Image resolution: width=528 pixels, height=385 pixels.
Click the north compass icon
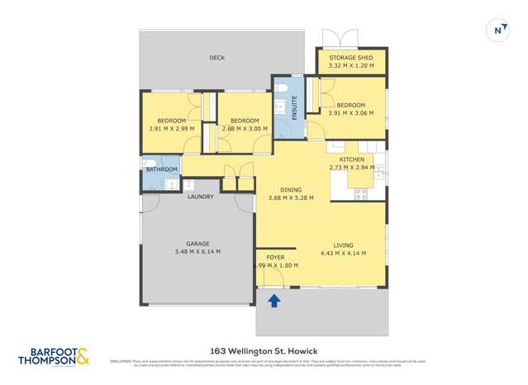pyautogui.click(x=498, y=30)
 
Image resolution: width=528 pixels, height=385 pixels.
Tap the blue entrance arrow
pyautogui.click(x=274, y=302)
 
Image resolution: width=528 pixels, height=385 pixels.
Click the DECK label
pyautogui.click(x=216, y=58)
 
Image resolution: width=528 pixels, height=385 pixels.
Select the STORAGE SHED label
pyautogui.click(x=351, y=58)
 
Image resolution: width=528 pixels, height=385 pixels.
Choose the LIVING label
pyautogui.click(x=343, y=245)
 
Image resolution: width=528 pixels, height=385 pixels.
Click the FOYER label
pyautogui.click(x=275, y=257)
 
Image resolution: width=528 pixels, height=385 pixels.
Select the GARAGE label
pyautogui.click(x=197, y=244)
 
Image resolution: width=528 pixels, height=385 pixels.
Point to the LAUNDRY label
pyautogui.click(x=200, y=197)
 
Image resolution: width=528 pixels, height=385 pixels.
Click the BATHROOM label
pyautogui.click(x=161, y=169)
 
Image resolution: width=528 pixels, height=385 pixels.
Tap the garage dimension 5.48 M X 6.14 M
pyautogui.click(x=197, y=252)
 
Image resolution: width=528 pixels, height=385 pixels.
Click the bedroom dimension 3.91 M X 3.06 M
pyautogui.click(x=350, y=113)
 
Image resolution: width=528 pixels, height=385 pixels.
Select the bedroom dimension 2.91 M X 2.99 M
pyautogui.click(x=172, y=129)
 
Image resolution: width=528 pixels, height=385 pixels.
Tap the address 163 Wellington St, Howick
pyautogui.click(x=264, y=350)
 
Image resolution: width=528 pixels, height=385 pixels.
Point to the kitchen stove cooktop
pyautogui.click(x=361, y=194)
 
